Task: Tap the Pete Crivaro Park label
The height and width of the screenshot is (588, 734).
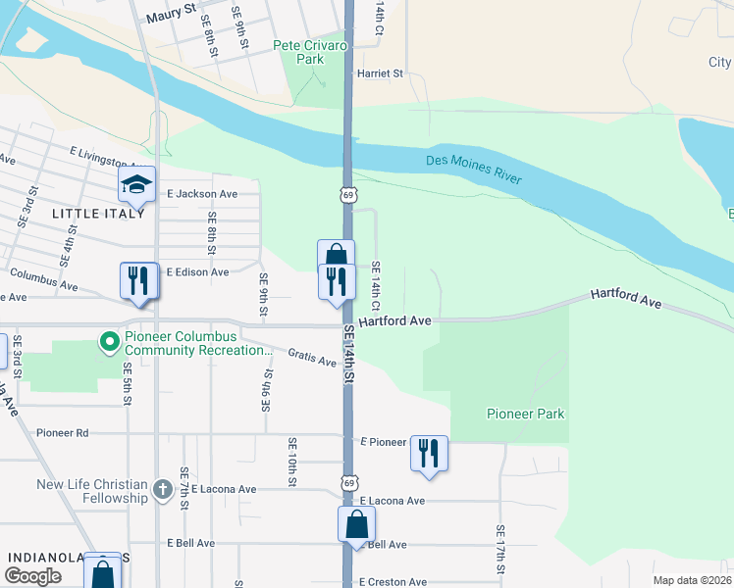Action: pos(299,52)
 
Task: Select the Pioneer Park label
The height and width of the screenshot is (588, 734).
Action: pos(526,414)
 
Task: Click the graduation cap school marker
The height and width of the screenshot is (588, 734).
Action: pos(137,184)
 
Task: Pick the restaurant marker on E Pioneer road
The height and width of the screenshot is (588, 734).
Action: pos(429,453)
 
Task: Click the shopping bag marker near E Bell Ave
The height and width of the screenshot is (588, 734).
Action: pos(356,525)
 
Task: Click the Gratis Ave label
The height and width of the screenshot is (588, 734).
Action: pos(312,357)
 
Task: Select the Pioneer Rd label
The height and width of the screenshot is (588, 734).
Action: pos(62,432)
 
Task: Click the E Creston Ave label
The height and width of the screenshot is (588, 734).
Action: pos(393,582)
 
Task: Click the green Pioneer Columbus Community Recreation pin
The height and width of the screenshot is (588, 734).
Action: pos(108,342)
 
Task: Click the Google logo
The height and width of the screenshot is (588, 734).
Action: pos(32,576)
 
